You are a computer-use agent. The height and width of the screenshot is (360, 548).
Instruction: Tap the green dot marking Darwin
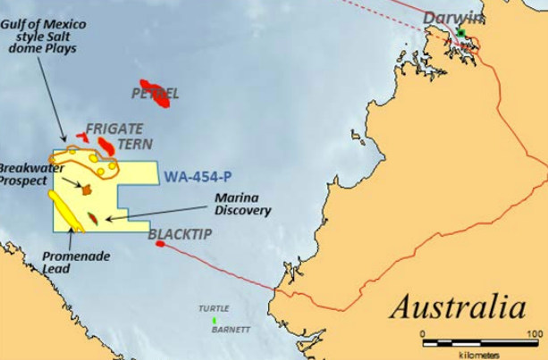(461, 33)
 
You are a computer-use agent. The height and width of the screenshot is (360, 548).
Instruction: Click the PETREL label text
(156, 93)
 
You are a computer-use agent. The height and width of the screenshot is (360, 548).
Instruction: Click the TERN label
(134, 144)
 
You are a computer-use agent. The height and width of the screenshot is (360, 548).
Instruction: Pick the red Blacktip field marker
(160, 244)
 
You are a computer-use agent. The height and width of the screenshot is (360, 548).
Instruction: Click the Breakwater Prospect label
(22, 173)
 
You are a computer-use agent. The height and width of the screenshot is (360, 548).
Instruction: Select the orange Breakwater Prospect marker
(87, 189)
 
